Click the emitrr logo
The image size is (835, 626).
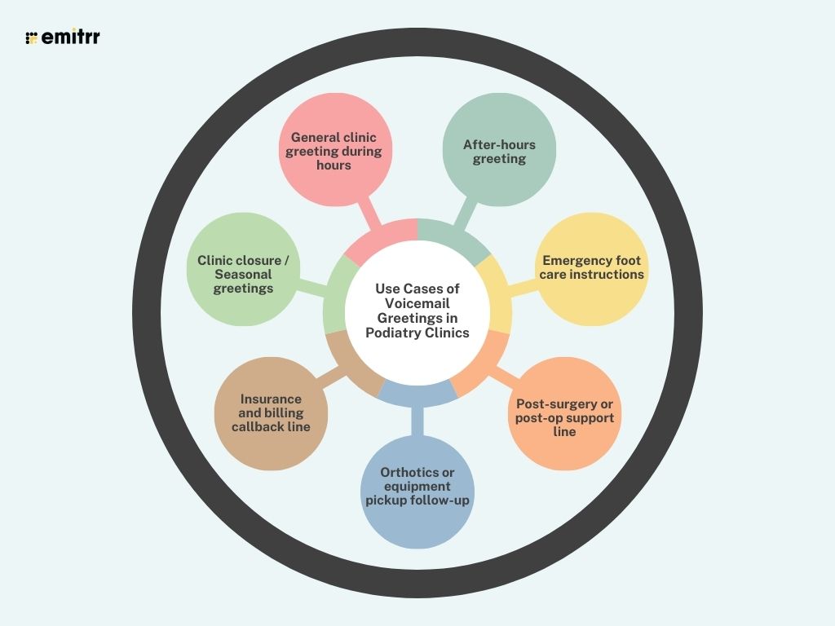(x=63, y=37)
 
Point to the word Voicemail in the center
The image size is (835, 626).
(x=417, y=303)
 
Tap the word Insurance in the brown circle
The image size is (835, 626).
(x=271, y=399)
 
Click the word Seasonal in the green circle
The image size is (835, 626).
(x=244, y=275)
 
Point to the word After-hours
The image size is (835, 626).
(x=499, y=145)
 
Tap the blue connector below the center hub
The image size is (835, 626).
(x=417, y=418)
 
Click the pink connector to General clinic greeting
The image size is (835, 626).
(x=372, y=214)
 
